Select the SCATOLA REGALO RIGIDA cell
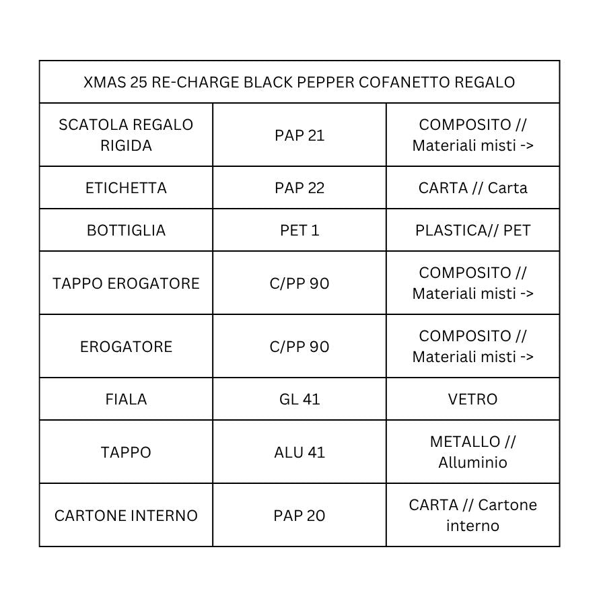126,135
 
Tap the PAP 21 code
299,135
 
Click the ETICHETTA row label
126,188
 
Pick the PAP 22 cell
299,188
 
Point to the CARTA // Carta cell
472,188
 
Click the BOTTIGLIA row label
126,230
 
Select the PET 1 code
299,230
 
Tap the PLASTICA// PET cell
472,230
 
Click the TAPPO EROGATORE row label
126,283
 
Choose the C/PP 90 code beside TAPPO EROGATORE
299,283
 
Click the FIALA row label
126,399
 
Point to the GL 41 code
299,399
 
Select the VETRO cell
472,399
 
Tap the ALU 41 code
299,452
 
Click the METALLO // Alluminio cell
472,452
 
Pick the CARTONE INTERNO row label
126,516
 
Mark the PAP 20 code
299,516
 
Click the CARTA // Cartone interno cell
472,515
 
